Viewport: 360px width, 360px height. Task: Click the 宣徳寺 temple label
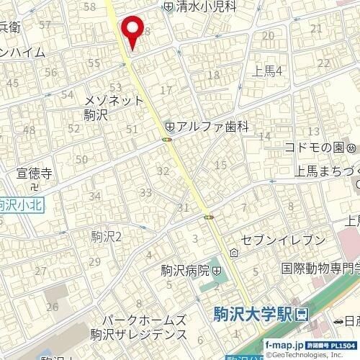click(x=34, y=174)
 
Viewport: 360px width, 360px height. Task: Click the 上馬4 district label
click(x=268, y=69)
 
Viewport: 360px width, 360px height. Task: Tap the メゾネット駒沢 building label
click(x=114, y=107)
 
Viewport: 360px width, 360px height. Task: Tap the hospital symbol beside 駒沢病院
click(x=217, y=271)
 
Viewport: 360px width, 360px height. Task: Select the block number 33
click(x=145, y=192)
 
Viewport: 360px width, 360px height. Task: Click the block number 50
click(x=81, y=159)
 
